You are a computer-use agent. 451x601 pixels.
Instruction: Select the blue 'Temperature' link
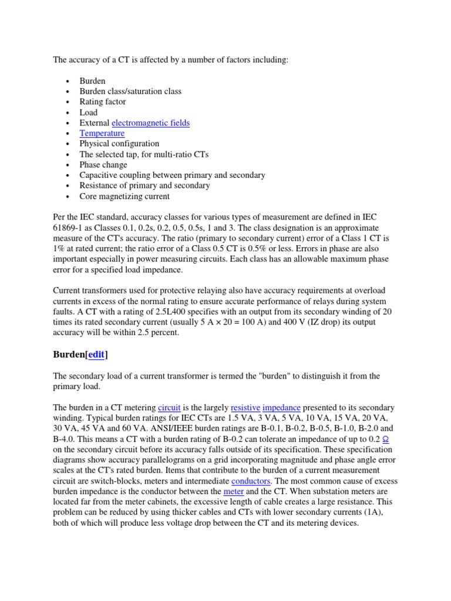102,133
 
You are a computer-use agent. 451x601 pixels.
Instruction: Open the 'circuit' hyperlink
169,407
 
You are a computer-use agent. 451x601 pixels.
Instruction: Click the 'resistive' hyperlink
244,407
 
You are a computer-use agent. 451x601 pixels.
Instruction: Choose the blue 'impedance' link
281,407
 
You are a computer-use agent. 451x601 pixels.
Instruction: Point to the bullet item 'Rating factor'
103,102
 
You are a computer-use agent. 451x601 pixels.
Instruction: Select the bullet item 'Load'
89,112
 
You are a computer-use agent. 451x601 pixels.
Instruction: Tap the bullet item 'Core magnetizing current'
124,196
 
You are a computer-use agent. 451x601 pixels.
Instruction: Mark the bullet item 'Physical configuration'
119,144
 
